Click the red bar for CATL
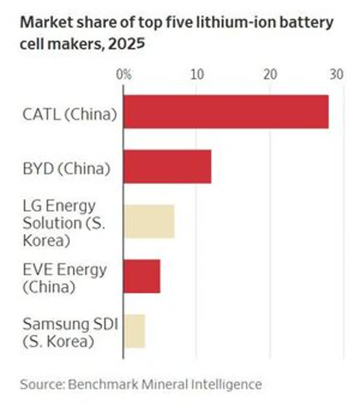(226, 112)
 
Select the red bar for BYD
(167, 167)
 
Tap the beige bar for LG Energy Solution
(149, 222)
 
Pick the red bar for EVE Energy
(142, 276)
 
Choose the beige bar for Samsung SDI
(134, 331)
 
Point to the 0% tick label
(124, 74)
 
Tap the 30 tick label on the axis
(336, 74)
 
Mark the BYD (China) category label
(66, 168)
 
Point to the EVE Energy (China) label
(64, 278)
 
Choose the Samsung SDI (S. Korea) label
(71, 333)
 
